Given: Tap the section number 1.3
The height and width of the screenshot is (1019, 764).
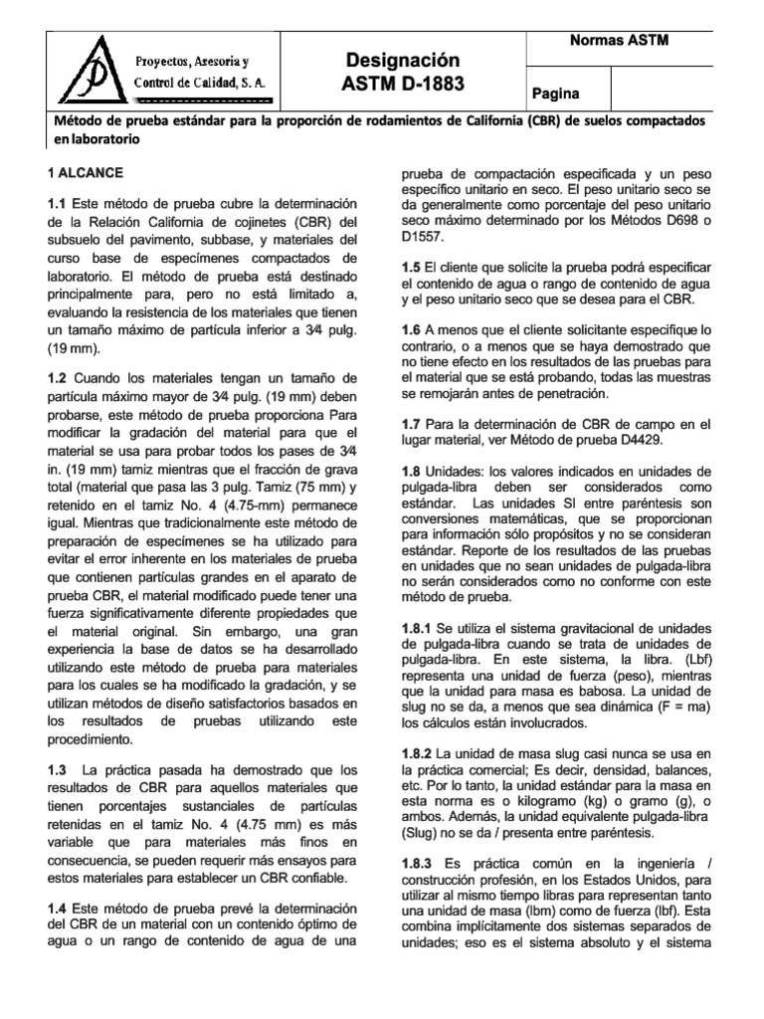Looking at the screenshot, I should [58, 770].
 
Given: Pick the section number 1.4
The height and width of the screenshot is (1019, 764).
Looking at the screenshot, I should [58, 909].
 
